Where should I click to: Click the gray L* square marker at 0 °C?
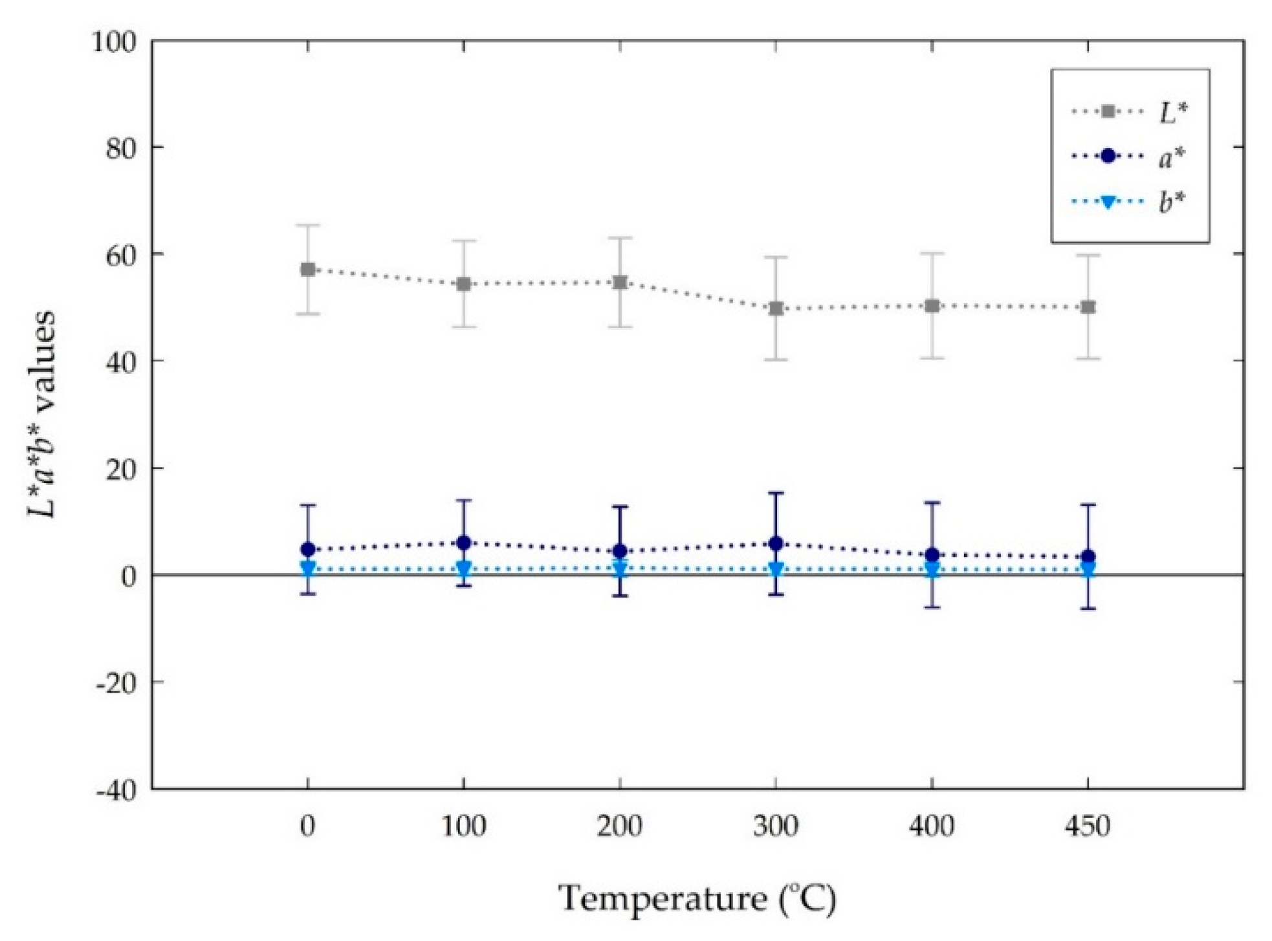308,269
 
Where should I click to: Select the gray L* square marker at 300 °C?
776,308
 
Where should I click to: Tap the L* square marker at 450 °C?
1088,307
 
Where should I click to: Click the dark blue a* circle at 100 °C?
464,543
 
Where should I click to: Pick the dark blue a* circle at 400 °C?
932,554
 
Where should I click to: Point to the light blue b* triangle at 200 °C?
620,569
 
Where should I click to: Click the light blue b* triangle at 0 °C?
308,568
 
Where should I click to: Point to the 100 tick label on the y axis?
114,42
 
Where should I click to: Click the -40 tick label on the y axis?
117,790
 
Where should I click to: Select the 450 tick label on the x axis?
1088,827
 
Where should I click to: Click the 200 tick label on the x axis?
619,827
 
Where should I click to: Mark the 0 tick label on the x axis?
307,827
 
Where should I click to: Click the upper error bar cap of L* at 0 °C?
308,225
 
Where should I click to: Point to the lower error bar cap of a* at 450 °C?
1088,609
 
